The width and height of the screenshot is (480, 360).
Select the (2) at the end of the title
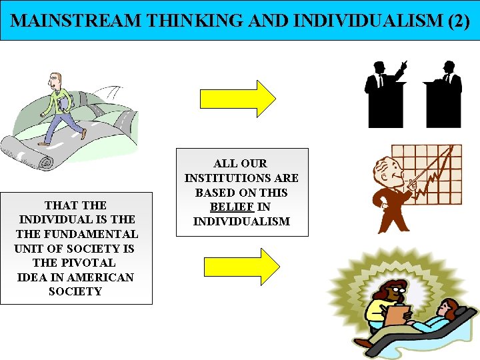pos(458,21)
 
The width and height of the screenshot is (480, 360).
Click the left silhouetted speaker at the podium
pos(383,93)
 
